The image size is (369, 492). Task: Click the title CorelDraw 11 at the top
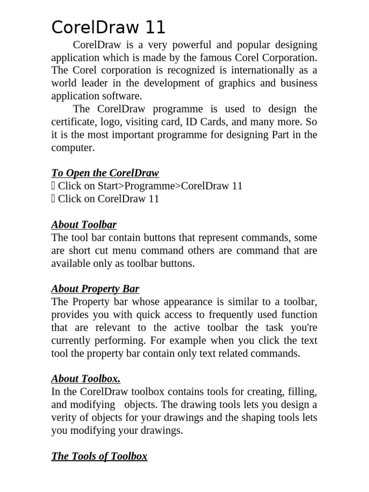click(108, 27)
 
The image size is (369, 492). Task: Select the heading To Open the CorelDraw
click(105, 173)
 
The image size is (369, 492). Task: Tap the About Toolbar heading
click(84, 225)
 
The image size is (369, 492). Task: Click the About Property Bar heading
click(95, 289)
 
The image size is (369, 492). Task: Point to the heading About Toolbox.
click(86, 379)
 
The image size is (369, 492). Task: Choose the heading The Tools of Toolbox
click(99, 456)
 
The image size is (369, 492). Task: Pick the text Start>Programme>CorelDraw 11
click(170, 186)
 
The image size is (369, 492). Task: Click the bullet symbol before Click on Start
click(53, 186)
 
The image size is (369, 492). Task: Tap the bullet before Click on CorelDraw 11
click(53, 199)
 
